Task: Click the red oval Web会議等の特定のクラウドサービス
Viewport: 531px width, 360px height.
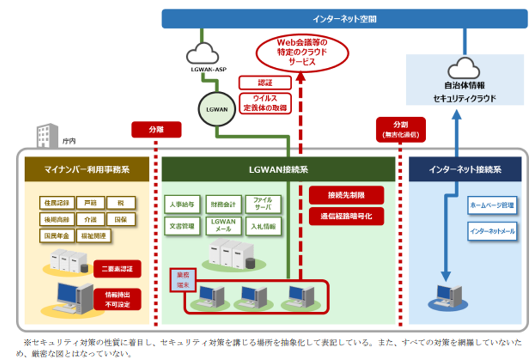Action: (302, 52)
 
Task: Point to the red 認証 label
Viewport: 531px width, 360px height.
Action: (257, 83)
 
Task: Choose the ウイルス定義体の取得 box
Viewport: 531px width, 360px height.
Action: (257, 102)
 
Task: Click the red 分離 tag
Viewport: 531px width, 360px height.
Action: (156, 129)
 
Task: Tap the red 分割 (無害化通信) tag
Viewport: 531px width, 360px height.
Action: (401, 129)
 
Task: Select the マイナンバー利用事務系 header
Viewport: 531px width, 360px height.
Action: (87, 170)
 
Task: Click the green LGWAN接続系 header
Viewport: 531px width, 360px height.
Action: (278, 170)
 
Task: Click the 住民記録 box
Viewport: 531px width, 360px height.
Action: (56, 203)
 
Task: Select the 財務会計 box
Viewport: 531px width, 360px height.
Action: (224, 204)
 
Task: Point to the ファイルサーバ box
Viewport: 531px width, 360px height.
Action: (262, 204)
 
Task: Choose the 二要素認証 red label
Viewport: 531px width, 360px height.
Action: (117, 269)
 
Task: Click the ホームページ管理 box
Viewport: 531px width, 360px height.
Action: (492, 206)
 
